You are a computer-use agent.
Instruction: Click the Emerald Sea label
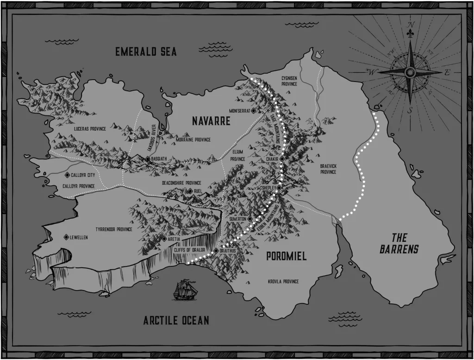pos(146,51)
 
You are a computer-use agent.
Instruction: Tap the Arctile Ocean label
pos(175,320)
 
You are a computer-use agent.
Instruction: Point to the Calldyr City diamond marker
pos(67,175)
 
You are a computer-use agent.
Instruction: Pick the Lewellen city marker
pos(67,237)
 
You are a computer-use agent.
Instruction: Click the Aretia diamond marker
pos(164,239)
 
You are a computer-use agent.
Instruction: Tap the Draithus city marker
pos(216,251)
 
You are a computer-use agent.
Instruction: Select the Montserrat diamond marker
pos(254,111)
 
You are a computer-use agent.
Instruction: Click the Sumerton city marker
pos(249,218)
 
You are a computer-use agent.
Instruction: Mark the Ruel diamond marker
pos(190,190)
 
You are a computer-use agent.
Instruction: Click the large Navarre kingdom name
pos(211,121)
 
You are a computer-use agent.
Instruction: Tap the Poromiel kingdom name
pos(286,256)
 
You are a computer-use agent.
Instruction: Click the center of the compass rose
pos(410,72)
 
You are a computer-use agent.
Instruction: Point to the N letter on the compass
pos(410,25)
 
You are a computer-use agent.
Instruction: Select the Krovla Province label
pos(283,281)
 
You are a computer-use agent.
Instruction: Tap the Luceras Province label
pos(86,128)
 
